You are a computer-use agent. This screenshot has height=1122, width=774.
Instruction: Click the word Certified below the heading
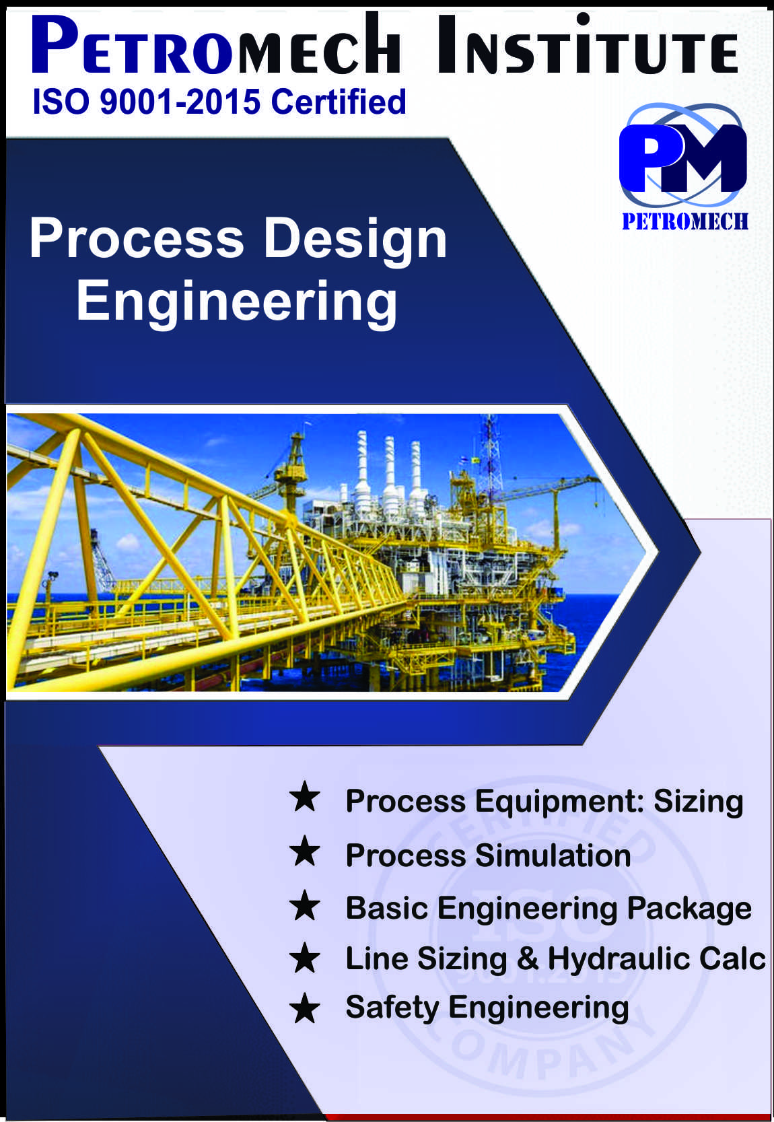click(339, 101)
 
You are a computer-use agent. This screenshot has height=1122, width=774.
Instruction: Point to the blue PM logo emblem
click(683, 157)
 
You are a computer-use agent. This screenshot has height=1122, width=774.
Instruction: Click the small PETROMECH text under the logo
click(685, 221)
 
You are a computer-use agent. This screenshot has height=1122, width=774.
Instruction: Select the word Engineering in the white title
click(236, 303)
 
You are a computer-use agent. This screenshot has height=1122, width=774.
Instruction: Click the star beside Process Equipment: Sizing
click(305, 798)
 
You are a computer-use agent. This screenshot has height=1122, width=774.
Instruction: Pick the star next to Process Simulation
click(305, 853)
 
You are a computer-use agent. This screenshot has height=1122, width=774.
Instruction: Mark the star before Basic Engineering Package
click(305, 907)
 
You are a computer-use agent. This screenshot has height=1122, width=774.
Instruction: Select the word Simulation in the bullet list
click(553, 855)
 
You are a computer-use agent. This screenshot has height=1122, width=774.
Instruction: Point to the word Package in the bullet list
click(689, 909)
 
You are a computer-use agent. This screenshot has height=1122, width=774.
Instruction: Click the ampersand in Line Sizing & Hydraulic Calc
click(528, 959)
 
